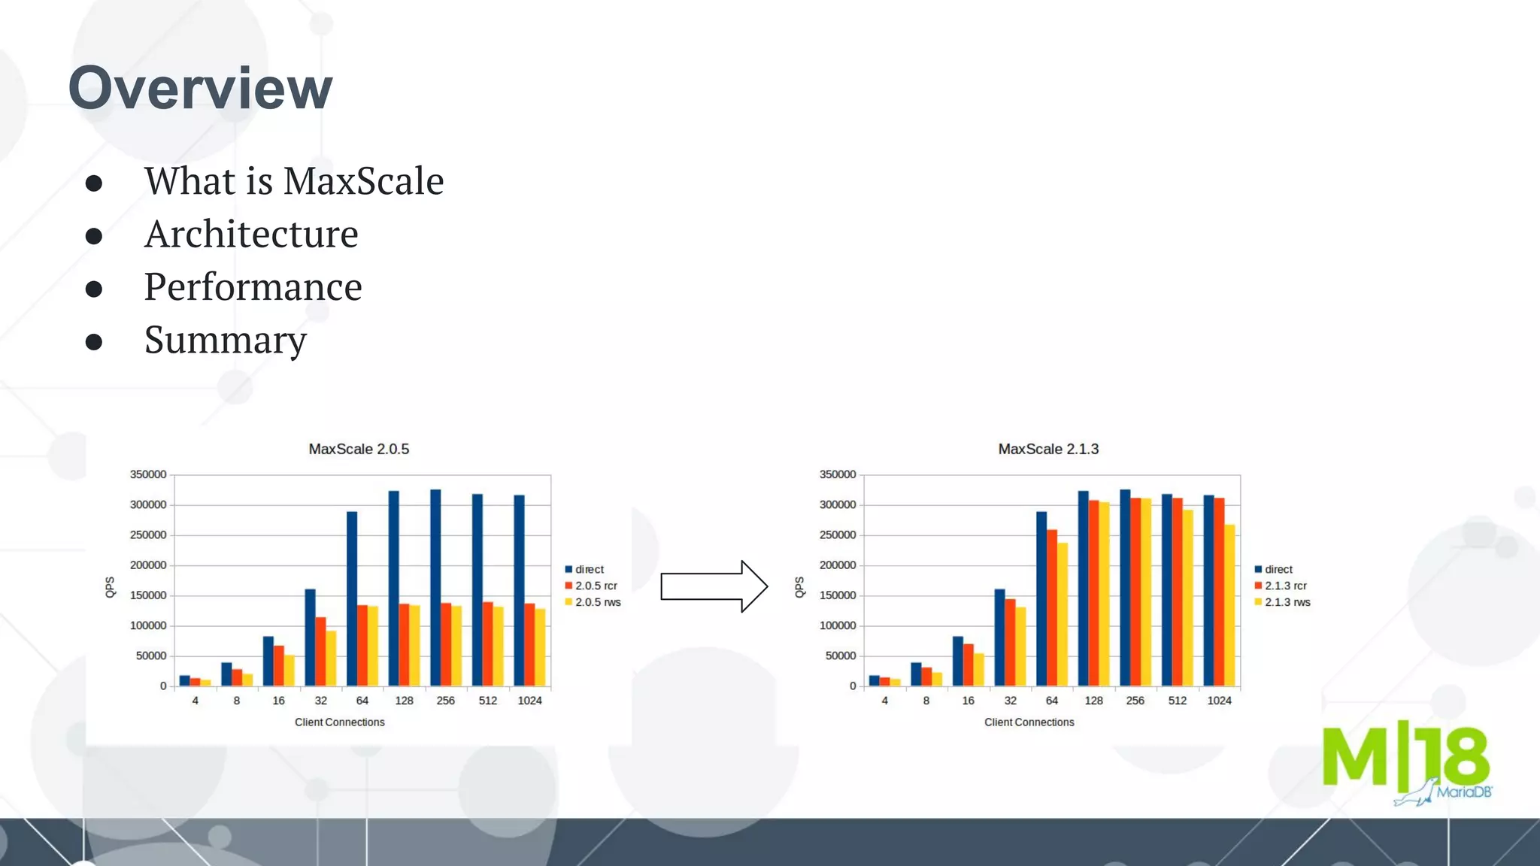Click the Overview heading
click(200, 88)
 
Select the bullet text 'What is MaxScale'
click(294, 181)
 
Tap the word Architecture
click(251, 234)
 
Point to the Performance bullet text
click(253, 286)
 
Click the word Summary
click(226, 340)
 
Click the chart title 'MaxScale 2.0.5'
click(359, 449)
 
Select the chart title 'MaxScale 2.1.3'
click(1048, 449)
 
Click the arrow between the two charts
click(714, 586)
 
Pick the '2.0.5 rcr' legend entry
click(596, 586)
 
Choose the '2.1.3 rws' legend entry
click(1287, 602)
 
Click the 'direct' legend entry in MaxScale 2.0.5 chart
click(589, 569)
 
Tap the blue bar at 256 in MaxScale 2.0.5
click(435, 587)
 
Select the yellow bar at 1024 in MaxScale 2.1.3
click(1229, 605)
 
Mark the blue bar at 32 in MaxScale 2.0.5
click(310, 637)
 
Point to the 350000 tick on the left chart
click(148, 474)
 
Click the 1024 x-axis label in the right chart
click(1219, 701)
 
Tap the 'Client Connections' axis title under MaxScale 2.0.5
click(339, 722)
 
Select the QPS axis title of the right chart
click(799, 587)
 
